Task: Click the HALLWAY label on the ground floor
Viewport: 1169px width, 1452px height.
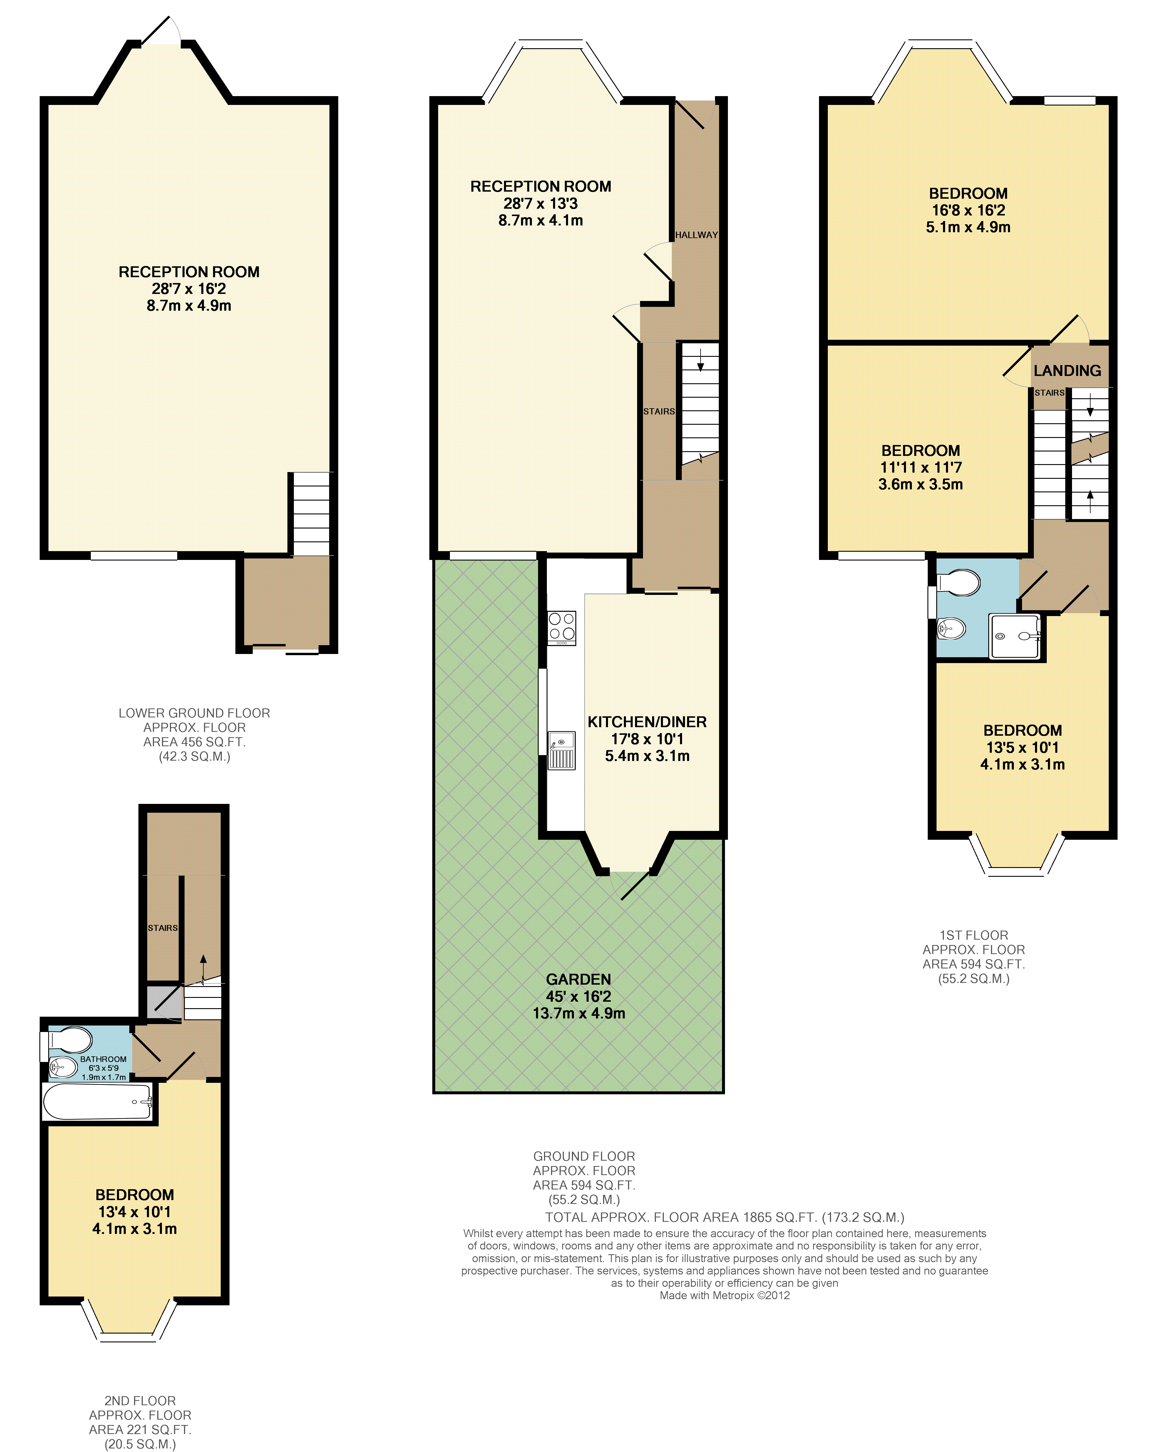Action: click(696, 235)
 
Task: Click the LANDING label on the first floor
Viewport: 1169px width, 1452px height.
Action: click(1067, 370)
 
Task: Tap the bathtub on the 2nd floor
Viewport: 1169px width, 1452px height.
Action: click(98, 1102)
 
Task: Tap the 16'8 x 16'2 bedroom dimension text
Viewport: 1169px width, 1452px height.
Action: click(968, 210)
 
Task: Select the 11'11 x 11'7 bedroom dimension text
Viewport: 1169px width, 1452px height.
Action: click(920, 467)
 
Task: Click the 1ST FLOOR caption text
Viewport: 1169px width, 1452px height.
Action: click(974, 936)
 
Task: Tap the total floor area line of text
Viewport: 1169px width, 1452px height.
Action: click(725, 1217)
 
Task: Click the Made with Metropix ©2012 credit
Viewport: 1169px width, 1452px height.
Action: click(725, 1295)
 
